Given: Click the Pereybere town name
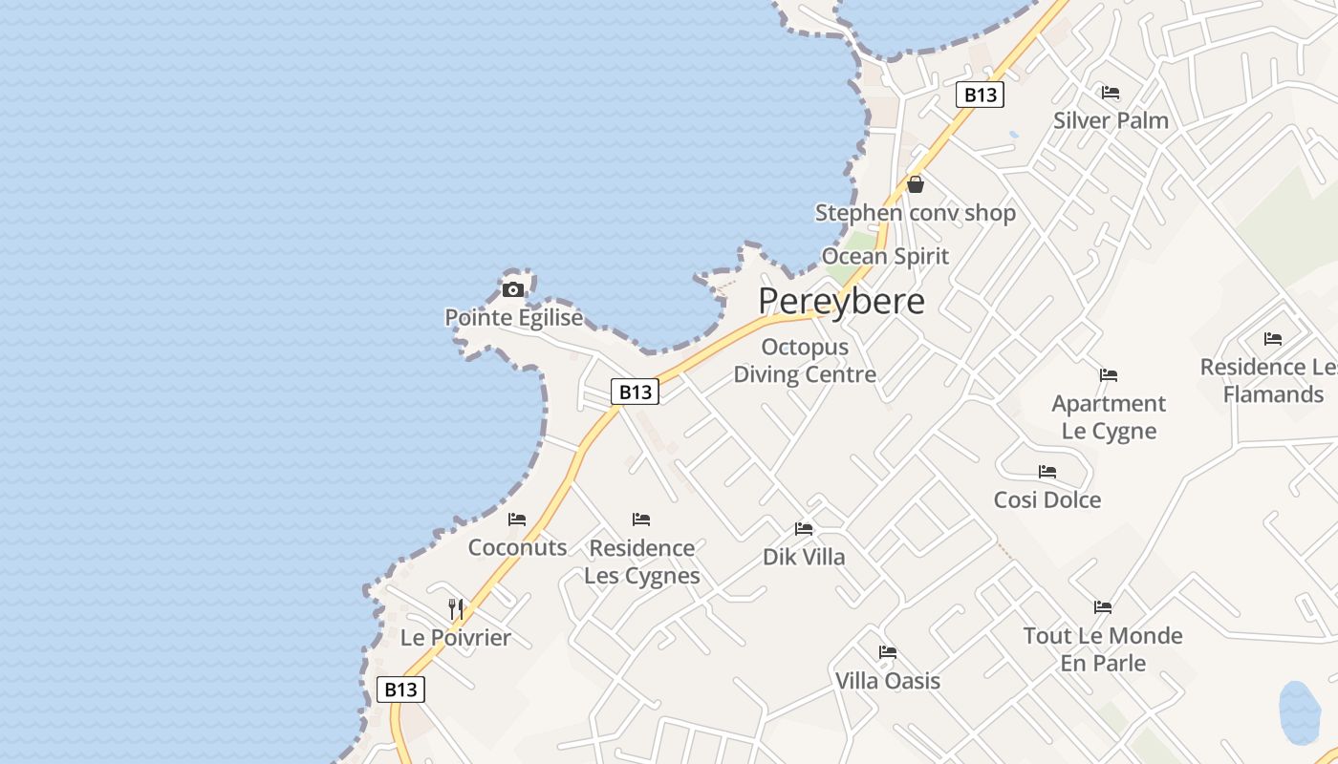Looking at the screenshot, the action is click(x=841, y=302).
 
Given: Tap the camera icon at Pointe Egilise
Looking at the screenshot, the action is click(x=513, y=289).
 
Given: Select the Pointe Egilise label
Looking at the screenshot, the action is click(x=514, y=318).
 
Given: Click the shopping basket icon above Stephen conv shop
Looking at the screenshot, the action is click(x=916, y=184).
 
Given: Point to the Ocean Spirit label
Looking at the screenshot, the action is click(x=885, y=256).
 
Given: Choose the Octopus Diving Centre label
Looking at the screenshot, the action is click(x=805, y=361).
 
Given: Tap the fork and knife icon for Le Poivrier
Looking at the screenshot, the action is click(x=456, y=608).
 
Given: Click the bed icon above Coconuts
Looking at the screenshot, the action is click(x=517, y=520).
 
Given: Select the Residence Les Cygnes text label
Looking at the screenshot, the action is click(x=642, y=562).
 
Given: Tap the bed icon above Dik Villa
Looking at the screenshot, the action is click(x=804, y=528).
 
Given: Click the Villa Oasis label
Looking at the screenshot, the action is click(x=888, y=681).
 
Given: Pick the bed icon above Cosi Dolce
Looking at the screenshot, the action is click(x=1047, y=472).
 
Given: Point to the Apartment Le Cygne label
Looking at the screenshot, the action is click(x=1109, y=417).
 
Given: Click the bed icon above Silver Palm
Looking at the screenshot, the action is click(x=1111, y=93).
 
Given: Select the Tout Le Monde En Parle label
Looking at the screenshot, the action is click(x=1103, y=649).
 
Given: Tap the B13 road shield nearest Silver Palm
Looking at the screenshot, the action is click(x=981, y=95).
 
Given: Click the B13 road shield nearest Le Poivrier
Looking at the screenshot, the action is click(x=400, y=690).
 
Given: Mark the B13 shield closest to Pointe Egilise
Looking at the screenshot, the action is click(x=636, y=392).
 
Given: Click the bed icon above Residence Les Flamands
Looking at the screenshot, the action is click(x=1273, y=339).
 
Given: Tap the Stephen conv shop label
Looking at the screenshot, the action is click(x=915, y=213).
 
